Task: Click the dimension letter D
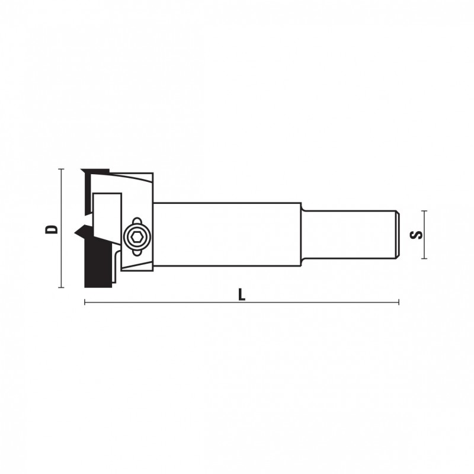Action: coord(51,229)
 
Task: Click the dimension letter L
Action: coord(242,294)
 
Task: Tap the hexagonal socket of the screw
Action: coord(137,238)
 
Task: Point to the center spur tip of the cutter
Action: coord(75,232)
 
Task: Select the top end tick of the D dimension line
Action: coord(62,169)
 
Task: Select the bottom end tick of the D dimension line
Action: coord(62,287)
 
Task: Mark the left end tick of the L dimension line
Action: coord(85,302)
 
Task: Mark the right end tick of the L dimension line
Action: coord(399,302)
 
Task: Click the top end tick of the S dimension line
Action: coord(424,211)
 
